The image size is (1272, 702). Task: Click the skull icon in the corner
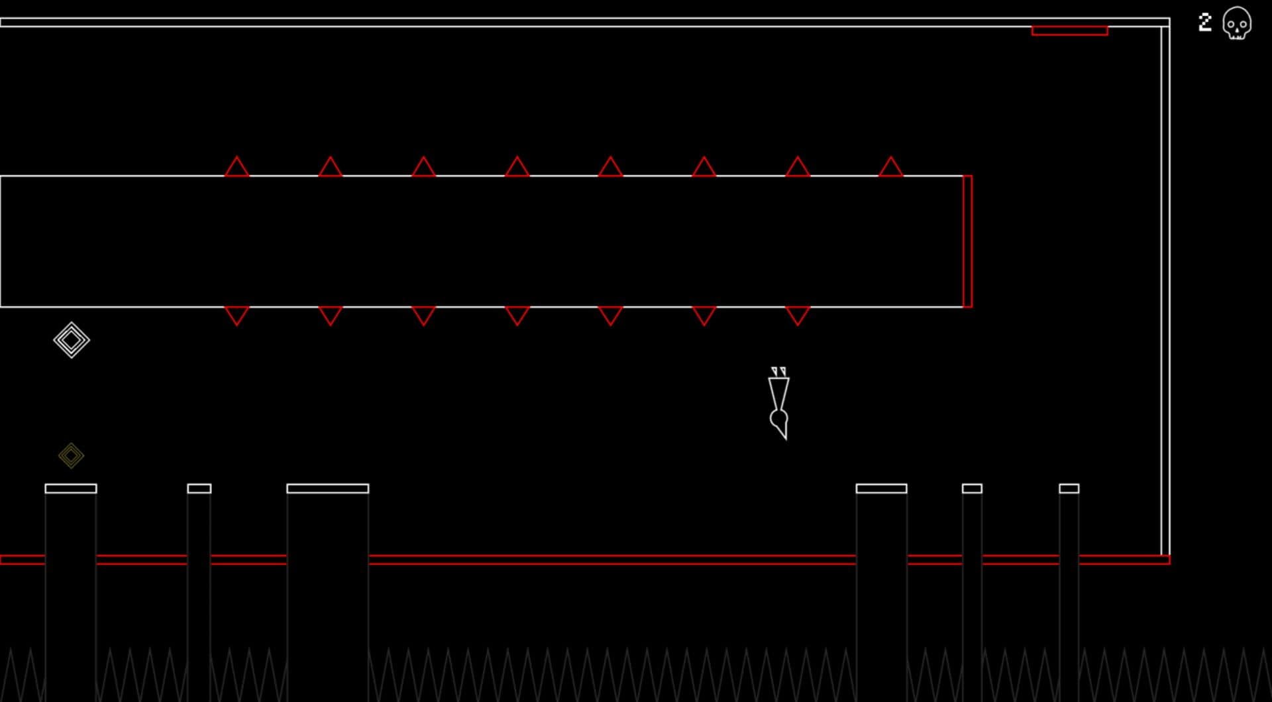(x=1236, y=24)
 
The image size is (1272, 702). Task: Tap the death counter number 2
(x=1205, y=23)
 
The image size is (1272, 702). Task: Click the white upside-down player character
(x=779, y=403)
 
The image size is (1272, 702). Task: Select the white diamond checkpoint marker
(x=72, y=340)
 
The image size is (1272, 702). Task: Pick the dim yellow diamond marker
(x=71, y=455)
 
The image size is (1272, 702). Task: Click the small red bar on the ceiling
(x=1069, y=30)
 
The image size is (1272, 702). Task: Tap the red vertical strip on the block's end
(x=967, y=241)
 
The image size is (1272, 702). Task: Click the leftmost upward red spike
(x=237, y=166)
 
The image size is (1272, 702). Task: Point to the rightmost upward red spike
(x=890, y=166)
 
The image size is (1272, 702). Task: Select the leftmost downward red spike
(x=237, y=316)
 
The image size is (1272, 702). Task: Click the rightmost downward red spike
(x=797, y=316)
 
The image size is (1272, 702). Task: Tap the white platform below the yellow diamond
(x=71, y=489)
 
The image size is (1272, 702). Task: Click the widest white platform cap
(x=327, y=489)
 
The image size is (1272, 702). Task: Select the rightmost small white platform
(x=1069, y=489)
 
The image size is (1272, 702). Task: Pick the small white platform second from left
(x=199, y=489)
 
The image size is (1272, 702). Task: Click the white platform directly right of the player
(x=881, y=489)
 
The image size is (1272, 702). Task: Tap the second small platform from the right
(x=972, y=489)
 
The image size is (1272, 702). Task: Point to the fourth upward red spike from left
(x=517, y=166)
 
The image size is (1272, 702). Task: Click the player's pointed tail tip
(x=786, y=439)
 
